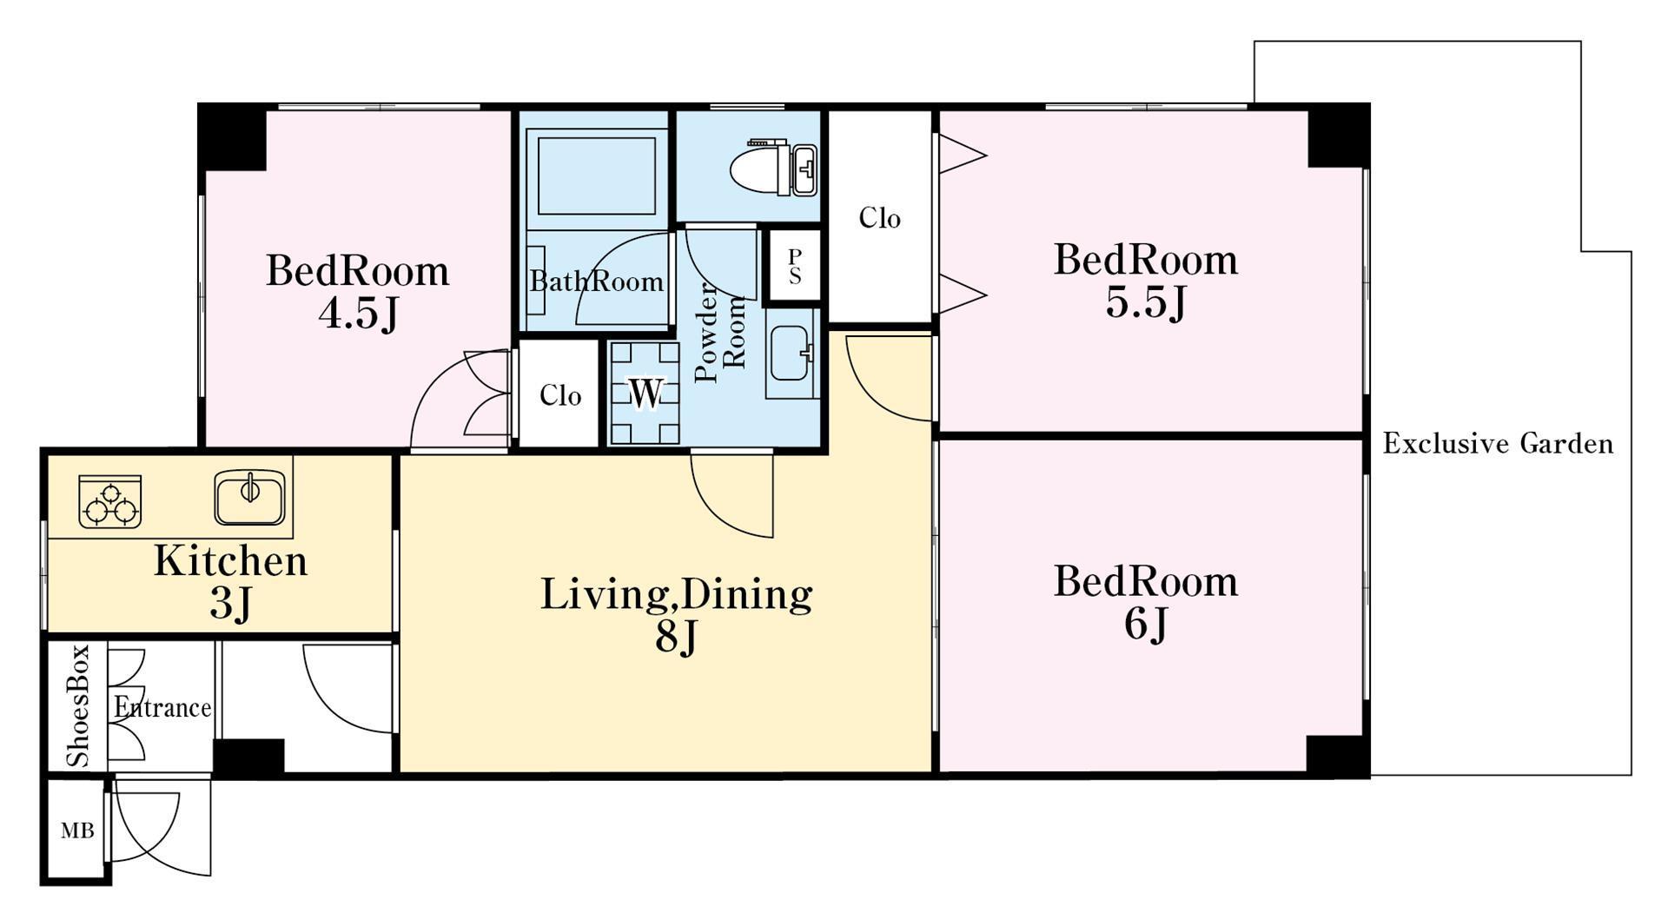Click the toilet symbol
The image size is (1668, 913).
pyautogui.click(x=773, y=167)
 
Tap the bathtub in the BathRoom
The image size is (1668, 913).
pyautogui.click(x=596, y=172)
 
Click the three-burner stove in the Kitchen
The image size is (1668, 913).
pyautogui.click(x=110, y=501)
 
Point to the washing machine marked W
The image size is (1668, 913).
pyautogui.click(x=644, y=393)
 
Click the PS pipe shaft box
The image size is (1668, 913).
pyautogui.click(x=794, y=266)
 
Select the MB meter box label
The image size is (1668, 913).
pyautogui.click(x=77, y=830)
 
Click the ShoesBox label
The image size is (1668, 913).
pyautogui.click(x=78, y=705)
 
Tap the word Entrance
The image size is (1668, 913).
pyautogui.click(x=162, y=707)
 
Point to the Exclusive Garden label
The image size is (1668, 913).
pyautogui.click(x=1498, y=444)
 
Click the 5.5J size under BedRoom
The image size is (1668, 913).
pyautogui.click(x=1146, y=302)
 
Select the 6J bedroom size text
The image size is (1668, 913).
pyautogui.click(x=1146, y=624)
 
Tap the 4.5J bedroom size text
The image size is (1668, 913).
pyautogui.click(x=358, y=314)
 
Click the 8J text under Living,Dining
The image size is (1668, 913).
pyautogui.click(x=676, y=638)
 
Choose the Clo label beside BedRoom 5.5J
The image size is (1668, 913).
pyautogui.click(x=879, y=217)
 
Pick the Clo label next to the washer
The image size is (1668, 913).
pyautogui.click(x=559, y=395)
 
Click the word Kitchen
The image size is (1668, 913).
pyautogui.click(x=231, y=561)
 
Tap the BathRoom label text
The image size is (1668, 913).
pyautogui.click(x=597, y=281)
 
